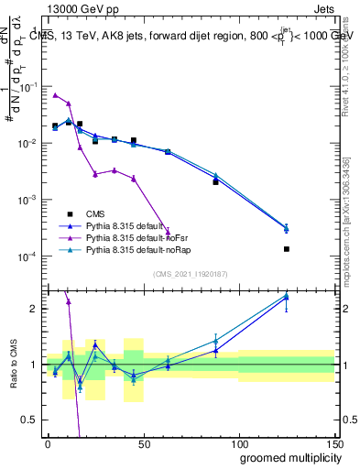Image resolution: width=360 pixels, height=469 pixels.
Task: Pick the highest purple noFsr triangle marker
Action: click(x=55, y=95)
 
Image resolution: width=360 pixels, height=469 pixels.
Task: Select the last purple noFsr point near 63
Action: click(x=168, y=232)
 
